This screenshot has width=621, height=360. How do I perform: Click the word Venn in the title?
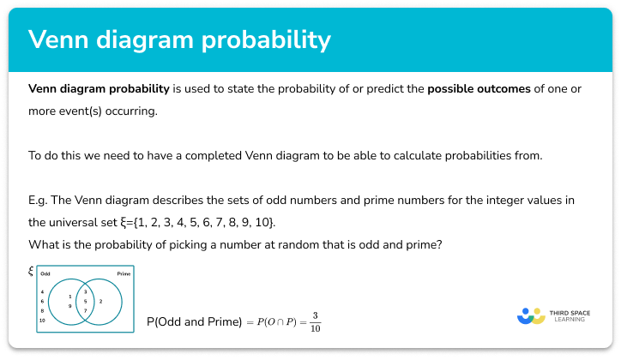61,39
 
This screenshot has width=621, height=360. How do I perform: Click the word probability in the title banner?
273,40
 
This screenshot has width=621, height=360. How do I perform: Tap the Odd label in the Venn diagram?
45,274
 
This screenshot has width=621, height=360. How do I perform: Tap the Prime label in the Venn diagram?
124,274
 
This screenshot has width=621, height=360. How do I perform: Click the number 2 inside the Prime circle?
101,302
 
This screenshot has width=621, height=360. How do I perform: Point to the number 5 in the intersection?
85,302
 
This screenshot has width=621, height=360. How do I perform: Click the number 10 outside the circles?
42,320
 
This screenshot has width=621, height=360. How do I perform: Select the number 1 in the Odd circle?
70,297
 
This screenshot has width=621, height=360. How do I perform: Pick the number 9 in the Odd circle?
70,306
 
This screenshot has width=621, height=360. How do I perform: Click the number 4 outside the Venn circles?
42,292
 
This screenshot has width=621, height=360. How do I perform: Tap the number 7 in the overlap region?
85,310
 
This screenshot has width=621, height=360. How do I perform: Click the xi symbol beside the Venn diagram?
31,271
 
